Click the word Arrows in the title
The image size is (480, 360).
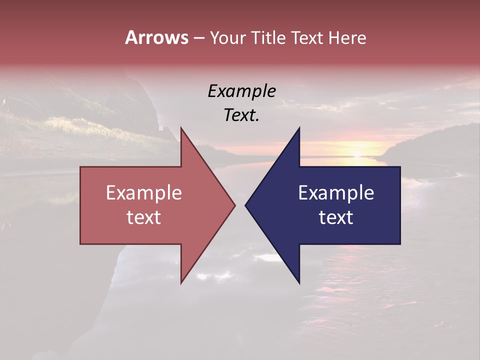pyautogui.click(x=156, y=37)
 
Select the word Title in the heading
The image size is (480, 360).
pyautogui.click(x=270, y=37)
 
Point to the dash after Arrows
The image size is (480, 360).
pyautogui.click(x=198, y=38)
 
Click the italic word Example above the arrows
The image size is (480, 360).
pyautogui.click(x=241, y=91)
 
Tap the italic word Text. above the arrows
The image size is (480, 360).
pyautogui.click(x=241, y=115)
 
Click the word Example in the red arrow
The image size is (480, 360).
pyautogui.click(x=143, y=193)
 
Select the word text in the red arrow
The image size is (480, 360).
pyautogui.click(x=143, y=217)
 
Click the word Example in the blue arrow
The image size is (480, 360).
pyautogui.click(x=336, y=193)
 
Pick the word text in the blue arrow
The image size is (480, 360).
pyautogui.click(x=336, y=217)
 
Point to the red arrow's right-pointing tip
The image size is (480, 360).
pyautogui.click(x=234, y=205)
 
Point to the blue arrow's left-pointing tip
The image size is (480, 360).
pyautogui.click(x=245, y=205)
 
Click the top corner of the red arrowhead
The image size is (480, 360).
pyautogui.click(x=181, y=128)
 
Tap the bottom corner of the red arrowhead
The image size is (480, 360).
pyautogui.click(x=181, y=283)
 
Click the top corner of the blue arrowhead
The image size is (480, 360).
pyautogui.click(x=299, y=128)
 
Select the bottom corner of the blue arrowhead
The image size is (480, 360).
pyautogui.click(x=299, y=283)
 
